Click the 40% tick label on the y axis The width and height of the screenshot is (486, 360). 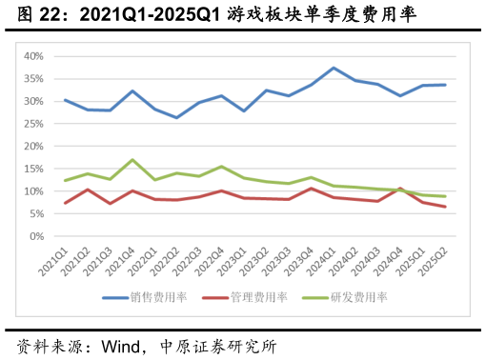point(32,56)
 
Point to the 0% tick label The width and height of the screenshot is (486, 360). point(35,236)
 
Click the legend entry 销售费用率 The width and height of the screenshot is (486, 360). point(161,297)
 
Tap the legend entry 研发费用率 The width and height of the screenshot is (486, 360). point(357,297)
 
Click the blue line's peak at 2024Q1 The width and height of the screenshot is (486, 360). point(334,68)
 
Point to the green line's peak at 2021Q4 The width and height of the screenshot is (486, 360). point(132,160)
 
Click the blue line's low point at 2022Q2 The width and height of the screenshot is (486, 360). point(177,117)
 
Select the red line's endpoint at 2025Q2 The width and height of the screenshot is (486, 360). point(445,207)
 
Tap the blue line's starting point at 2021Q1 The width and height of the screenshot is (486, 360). point(65,100)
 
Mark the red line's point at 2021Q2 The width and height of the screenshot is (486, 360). point(88,190)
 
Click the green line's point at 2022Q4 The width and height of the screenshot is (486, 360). point(222,167)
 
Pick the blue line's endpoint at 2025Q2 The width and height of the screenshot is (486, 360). point(445,85)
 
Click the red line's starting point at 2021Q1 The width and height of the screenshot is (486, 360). point(65,203)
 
